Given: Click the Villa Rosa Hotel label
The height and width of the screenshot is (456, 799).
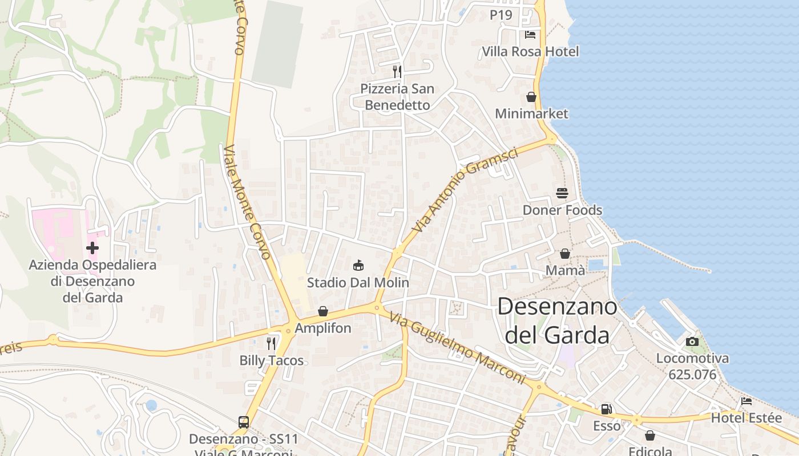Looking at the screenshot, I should point(530,51).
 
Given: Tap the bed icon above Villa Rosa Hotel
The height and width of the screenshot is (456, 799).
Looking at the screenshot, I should point(530,35).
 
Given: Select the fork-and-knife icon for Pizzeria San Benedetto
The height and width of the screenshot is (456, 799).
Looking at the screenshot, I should point(397,72).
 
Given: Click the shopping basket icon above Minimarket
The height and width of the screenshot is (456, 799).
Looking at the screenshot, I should point(531,97).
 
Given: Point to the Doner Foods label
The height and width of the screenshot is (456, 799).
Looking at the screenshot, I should point(562,210).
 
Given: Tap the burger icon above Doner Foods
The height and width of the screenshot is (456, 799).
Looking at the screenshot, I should point(562,193).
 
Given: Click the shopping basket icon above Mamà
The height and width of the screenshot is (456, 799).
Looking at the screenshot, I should point(565,254).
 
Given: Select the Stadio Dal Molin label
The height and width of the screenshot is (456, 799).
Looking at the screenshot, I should point(358,282).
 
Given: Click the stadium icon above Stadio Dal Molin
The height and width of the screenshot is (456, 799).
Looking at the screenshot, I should point(358,265).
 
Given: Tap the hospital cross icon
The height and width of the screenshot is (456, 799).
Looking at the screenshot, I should point(92,248).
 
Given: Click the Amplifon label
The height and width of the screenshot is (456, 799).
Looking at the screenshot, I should point(323,328).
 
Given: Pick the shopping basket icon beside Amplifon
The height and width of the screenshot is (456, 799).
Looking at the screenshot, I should point(323,311).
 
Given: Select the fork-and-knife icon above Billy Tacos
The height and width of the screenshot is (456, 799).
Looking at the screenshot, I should point(271,343).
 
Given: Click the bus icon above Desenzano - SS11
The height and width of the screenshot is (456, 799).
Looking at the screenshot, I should point(244,422).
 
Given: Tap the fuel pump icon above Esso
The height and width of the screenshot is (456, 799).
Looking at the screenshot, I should point(606,409).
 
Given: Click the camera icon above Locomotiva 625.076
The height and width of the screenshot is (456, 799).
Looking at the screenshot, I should point(692,341).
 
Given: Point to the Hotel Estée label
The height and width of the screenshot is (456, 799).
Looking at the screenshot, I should point(746,418).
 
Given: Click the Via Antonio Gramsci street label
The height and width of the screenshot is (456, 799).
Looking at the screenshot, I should point(465,190).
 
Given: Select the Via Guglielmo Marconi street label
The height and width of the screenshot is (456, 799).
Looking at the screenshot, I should point(458,347).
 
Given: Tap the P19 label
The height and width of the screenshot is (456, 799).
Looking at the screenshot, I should point(501,15).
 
